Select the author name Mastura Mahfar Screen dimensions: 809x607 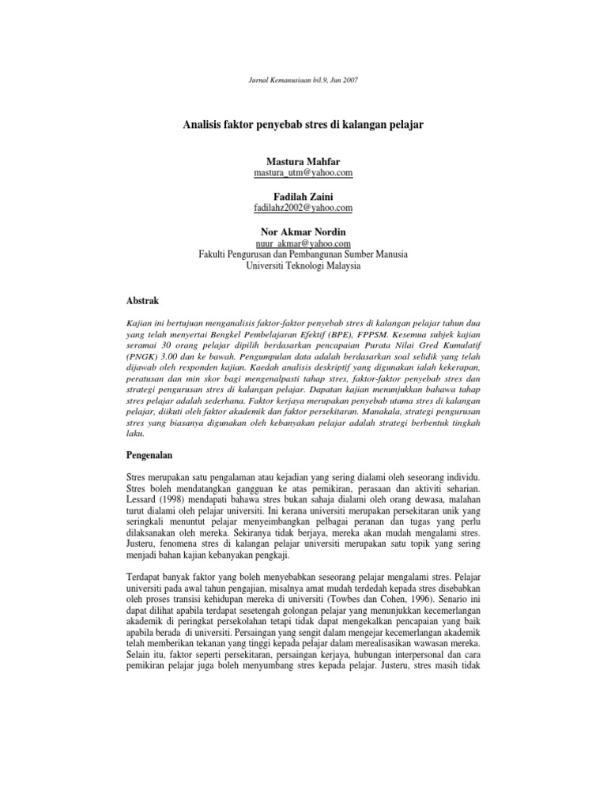pyautogui.click(x=303, y=161)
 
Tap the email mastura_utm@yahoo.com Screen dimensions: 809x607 pyautogui.click(x=303, y=172)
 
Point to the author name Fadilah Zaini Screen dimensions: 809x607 pyautogui.click(x=303, y=196)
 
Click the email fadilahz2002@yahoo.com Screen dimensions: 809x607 pyautogui.click(x=303, y=207)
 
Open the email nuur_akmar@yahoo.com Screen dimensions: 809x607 pyautogui.click(x=303, y=244)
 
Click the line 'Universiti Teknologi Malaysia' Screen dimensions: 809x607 pyautogui.click(x=303, y=266)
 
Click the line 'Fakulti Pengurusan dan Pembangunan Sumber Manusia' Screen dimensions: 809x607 pyautogui.click(x=303, y=255)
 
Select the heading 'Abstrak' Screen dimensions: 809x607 pyautogui.click(x=143, y=302)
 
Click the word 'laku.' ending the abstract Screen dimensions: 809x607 pyautogui.click(x=137, y=433)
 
